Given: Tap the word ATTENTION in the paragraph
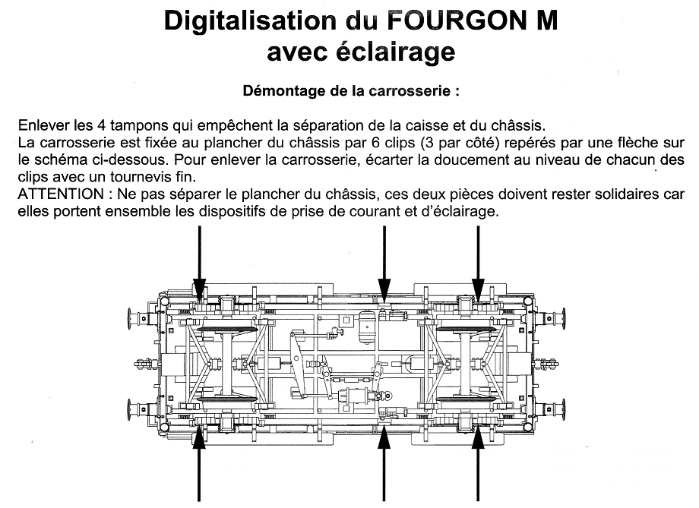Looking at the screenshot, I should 57,194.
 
